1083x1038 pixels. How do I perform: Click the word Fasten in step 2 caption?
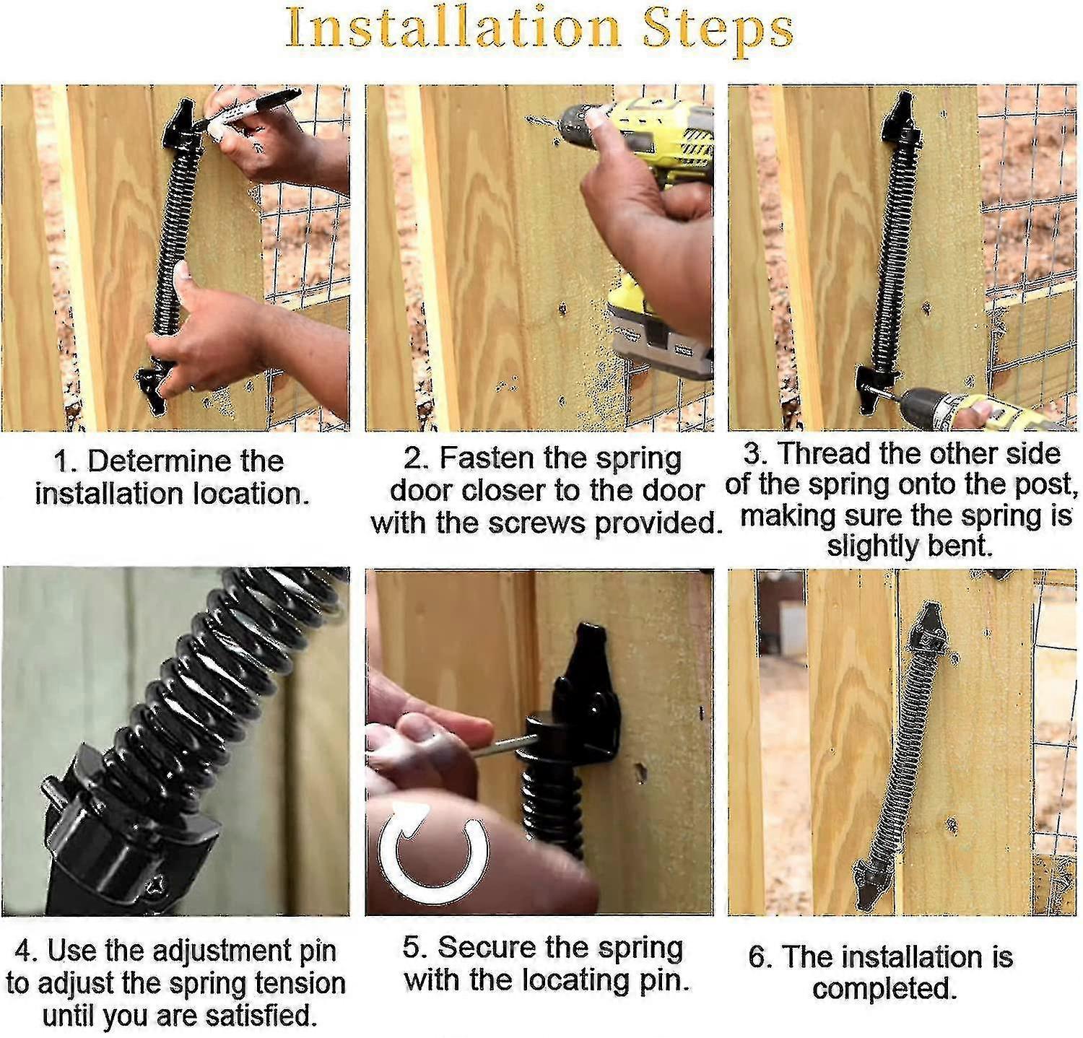click(x=487, y=458)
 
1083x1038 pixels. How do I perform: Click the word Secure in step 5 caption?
click(x=481, y=948)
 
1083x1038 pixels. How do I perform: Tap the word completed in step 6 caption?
click(x=884, y=988)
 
